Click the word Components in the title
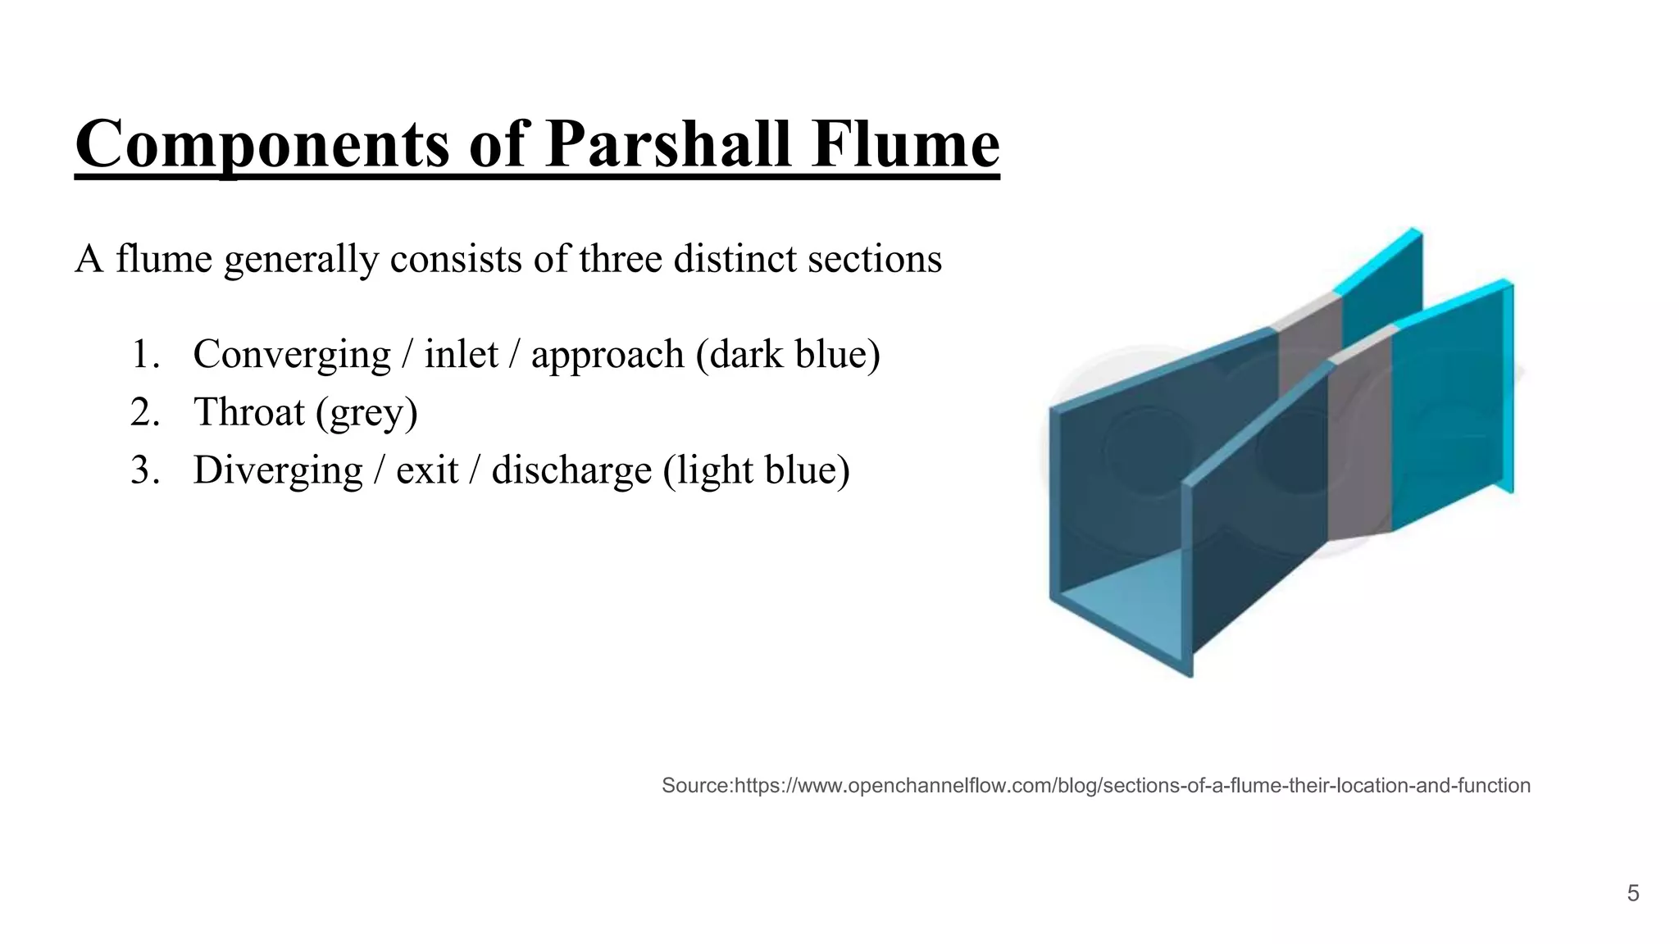click(x=262, y=145)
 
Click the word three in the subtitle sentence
click(x=621, y=260)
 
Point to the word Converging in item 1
click(x=292, y=355)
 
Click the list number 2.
click(x=144, y=412)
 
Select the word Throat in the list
click(x=248, y=412)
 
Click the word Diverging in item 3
click(x=278, y=471)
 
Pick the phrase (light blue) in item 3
click(x=756, y=471)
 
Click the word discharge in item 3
click(x=570, y=471)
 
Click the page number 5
click(x=1632, y=893)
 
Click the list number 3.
click(x=144, y=471)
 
